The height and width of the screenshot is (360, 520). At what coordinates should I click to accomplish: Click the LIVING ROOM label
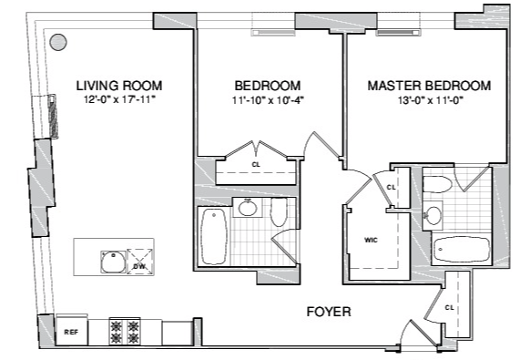(119, 86)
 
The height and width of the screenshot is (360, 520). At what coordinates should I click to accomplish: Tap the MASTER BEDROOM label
(429, 86)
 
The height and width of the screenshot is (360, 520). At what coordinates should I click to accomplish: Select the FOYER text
(329, 312)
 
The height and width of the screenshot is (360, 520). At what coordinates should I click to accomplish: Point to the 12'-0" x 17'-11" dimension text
(119, 99)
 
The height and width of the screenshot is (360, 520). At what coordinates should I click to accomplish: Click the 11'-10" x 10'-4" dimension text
(268, 100)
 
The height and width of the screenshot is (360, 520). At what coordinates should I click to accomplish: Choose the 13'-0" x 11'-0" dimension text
(431, 100)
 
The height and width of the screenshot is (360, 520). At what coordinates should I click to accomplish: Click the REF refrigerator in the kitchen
(72, 332)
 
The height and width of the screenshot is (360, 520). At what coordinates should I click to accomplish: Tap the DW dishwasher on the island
(140, 262)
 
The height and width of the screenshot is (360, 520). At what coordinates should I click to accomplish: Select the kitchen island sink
(114, 262)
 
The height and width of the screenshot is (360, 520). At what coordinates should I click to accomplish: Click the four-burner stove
(125, 332)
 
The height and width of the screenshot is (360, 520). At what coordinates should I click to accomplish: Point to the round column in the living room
(58, 42)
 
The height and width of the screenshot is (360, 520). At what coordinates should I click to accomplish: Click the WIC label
(371, 240)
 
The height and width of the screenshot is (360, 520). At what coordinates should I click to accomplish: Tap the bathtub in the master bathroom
(462, 249)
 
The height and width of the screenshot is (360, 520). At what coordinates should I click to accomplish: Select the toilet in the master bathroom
(437, 184)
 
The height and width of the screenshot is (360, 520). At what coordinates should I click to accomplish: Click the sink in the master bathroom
(433, 215)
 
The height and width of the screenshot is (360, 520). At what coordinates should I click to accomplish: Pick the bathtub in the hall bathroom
(214, 237)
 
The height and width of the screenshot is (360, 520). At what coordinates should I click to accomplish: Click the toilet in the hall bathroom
(279, 212)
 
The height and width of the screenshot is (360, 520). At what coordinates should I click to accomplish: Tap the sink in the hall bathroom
(248, 208)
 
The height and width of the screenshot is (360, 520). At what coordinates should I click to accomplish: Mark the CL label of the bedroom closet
(256, 165)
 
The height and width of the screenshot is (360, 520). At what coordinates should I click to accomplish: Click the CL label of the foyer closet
(449, 308)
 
